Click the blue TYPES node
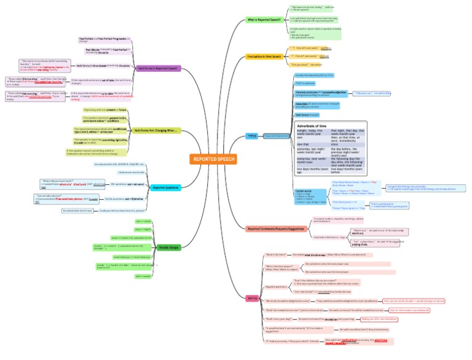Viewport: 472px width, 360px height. pyautogui.click(x=252, y=136)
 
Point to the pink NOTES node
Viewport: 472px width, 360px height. pyautogui.click(x=252, y=298)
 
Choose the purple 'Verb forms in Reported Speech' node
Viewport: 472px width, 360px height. pyautogui.click(x=158, y=68)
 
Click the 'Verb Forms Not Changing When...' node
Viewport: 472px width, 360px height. pyautogui.click(x=155, y=131)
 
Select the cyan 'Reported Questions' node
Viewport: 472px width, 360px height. pyautogui.click(x=165, y=187)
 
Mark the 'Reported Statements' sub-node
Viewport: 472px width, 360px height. pyautogui.click(x=277, y=136)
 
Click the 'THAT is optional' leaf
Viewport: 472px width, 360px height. pyautogui.click(x=306, y=84)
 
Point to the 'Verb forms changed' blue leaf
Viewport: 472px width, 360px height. pyautogui.click(x=307, y=114)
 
